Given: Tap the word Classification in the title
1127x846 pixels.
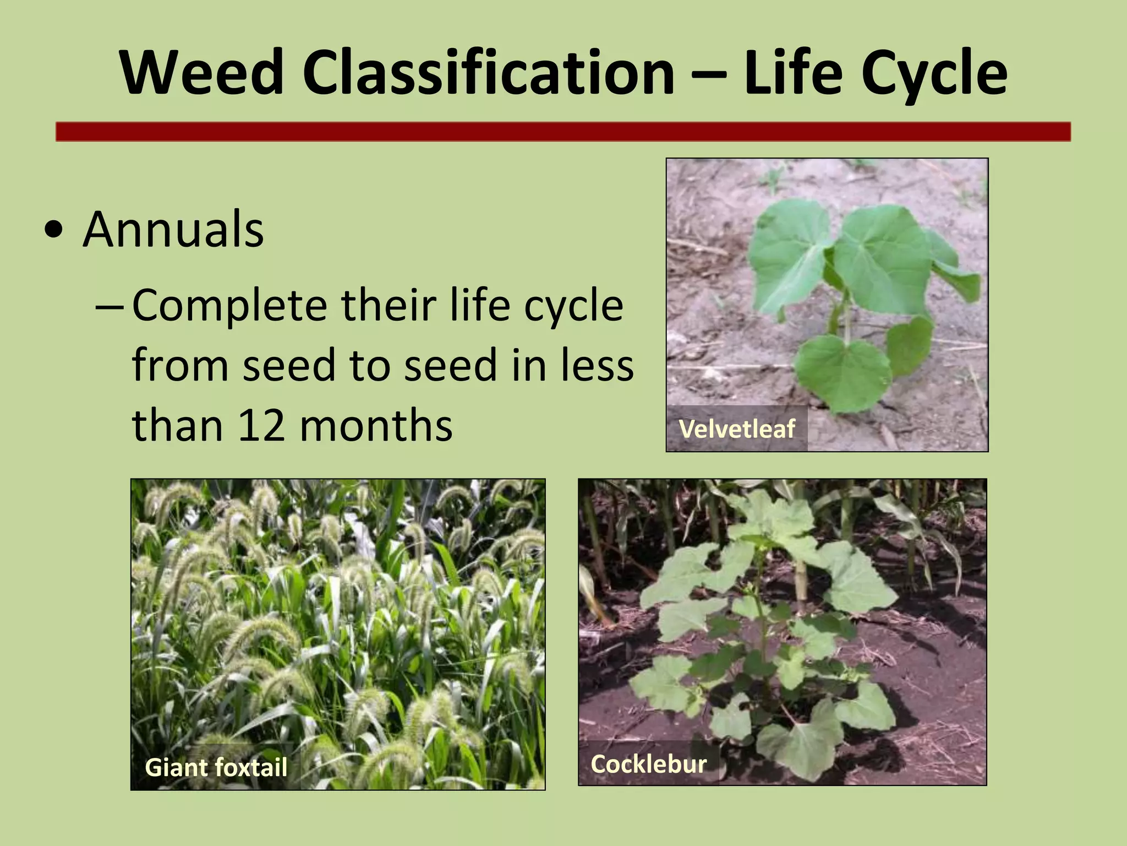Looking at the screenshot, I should [488, 73].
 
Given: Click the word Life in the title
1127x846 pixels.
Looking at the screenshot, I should [792, 73].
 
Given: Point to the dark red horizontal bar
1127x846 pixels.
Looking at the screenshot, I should [563, 132].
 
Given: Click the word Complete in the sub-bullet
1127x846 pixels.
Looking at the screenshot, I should [229, 306].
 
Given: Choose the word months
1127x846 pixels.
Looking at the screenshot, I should [376, 426].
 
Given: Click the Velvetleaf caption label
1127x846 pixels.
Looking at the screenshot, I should [737, 429].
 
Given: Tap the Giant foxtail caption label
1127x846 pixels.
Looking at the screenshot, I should [216, 767].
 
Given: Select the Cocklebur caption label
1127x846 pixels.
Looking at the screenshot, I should [648, 764].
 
